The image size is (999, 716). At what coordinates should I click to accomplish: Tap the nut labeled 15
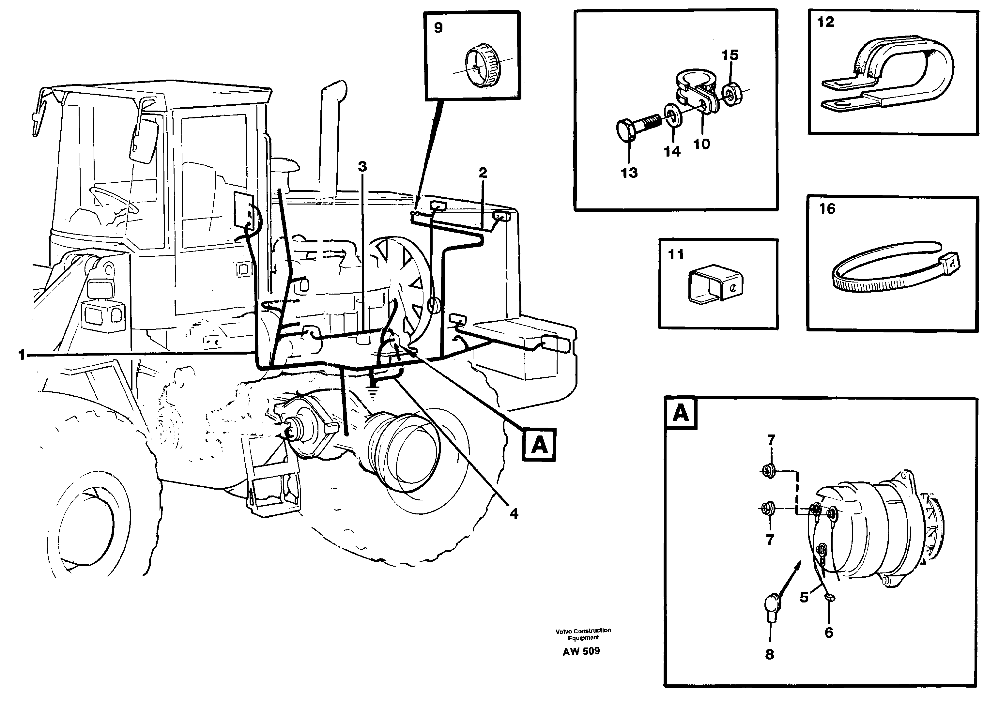[731, 95]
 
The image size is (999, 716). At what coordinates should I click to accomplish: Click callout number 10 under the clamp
[702, 144]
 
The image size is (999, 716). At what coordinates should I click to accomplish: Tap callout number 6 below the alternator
[829, 633]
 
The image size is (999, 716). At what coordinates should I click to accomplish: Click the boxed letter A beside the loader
[539, 445]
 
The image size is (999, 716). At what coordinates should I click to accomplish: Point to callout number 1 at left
[21, 355]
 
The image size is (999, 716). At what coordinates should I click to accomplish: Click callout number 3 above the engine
[362, 167]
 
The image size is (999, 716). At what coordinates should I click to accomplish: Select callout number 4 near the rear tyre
[514, 513]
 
